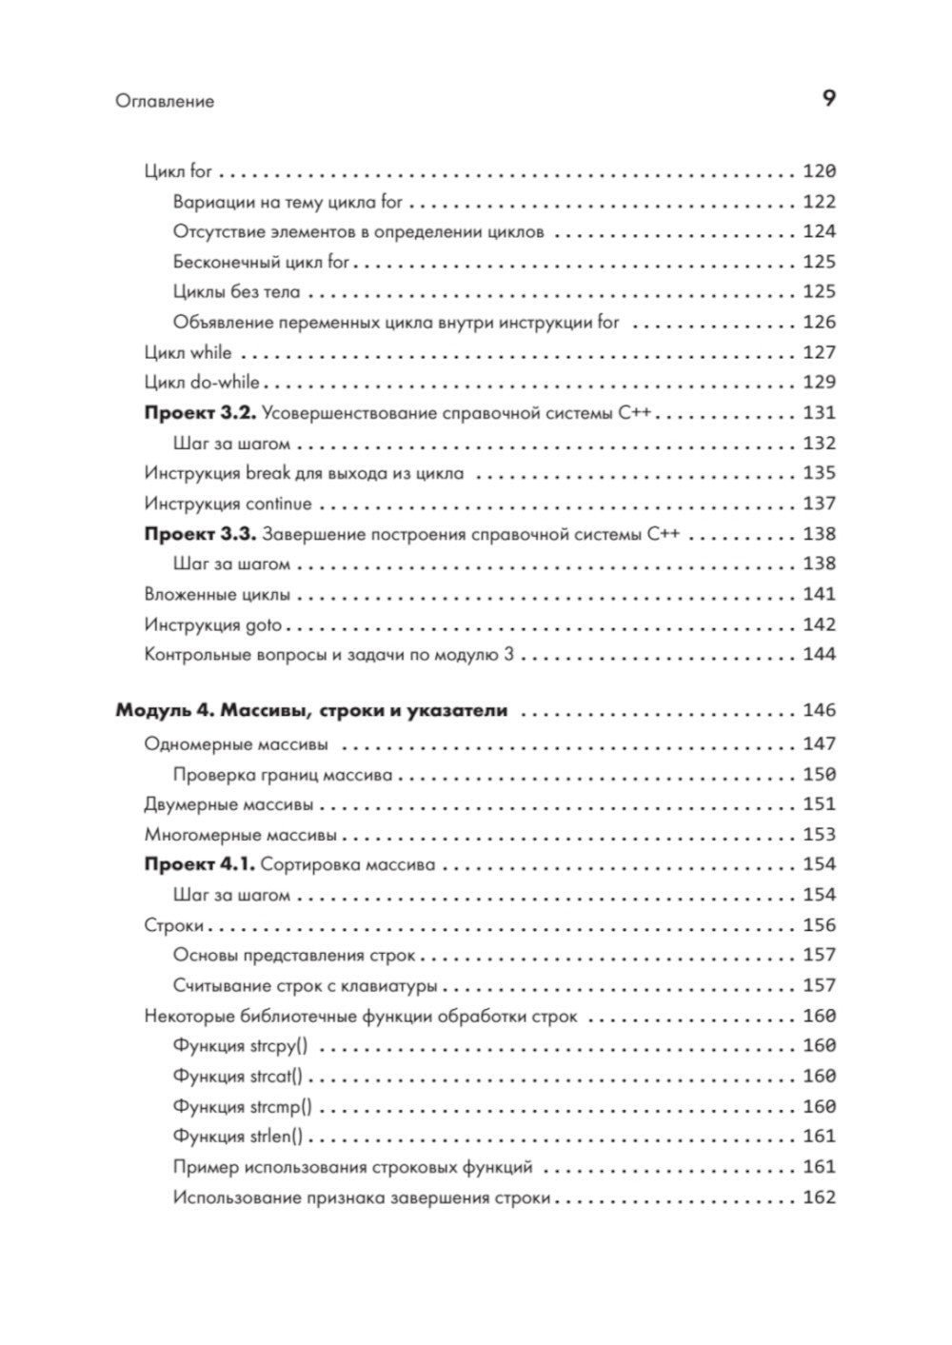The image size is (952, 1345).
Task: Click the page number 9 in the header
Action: pyautogui.click(x=828, y=98)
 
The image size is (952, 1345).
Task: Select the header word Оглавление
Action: pyautogui.click(x=165, y=101)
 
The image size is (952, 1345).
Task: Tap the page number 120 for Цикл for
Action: pyautogui.click(x=819, y=171)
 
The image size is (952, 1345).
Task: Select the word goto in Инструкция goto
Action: pyautogui.click(x=265, y=625)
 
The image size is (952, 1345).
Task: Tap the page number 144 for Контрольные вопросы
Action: pyautogui.click(x=819, y=655)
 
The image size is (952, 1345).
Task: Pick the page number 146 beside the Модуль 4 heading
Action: pyautogui.click(x=819, y=711)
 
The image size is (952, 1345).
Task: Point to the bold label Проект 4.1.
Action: pyautogui.click(x=199, y=865)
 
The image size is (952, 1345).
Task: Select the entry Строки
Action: pyautogui.click(x=174, y=926)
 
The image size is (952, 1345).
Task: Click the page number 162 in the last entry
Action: pyautogui.click(x=819, y=1197)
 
